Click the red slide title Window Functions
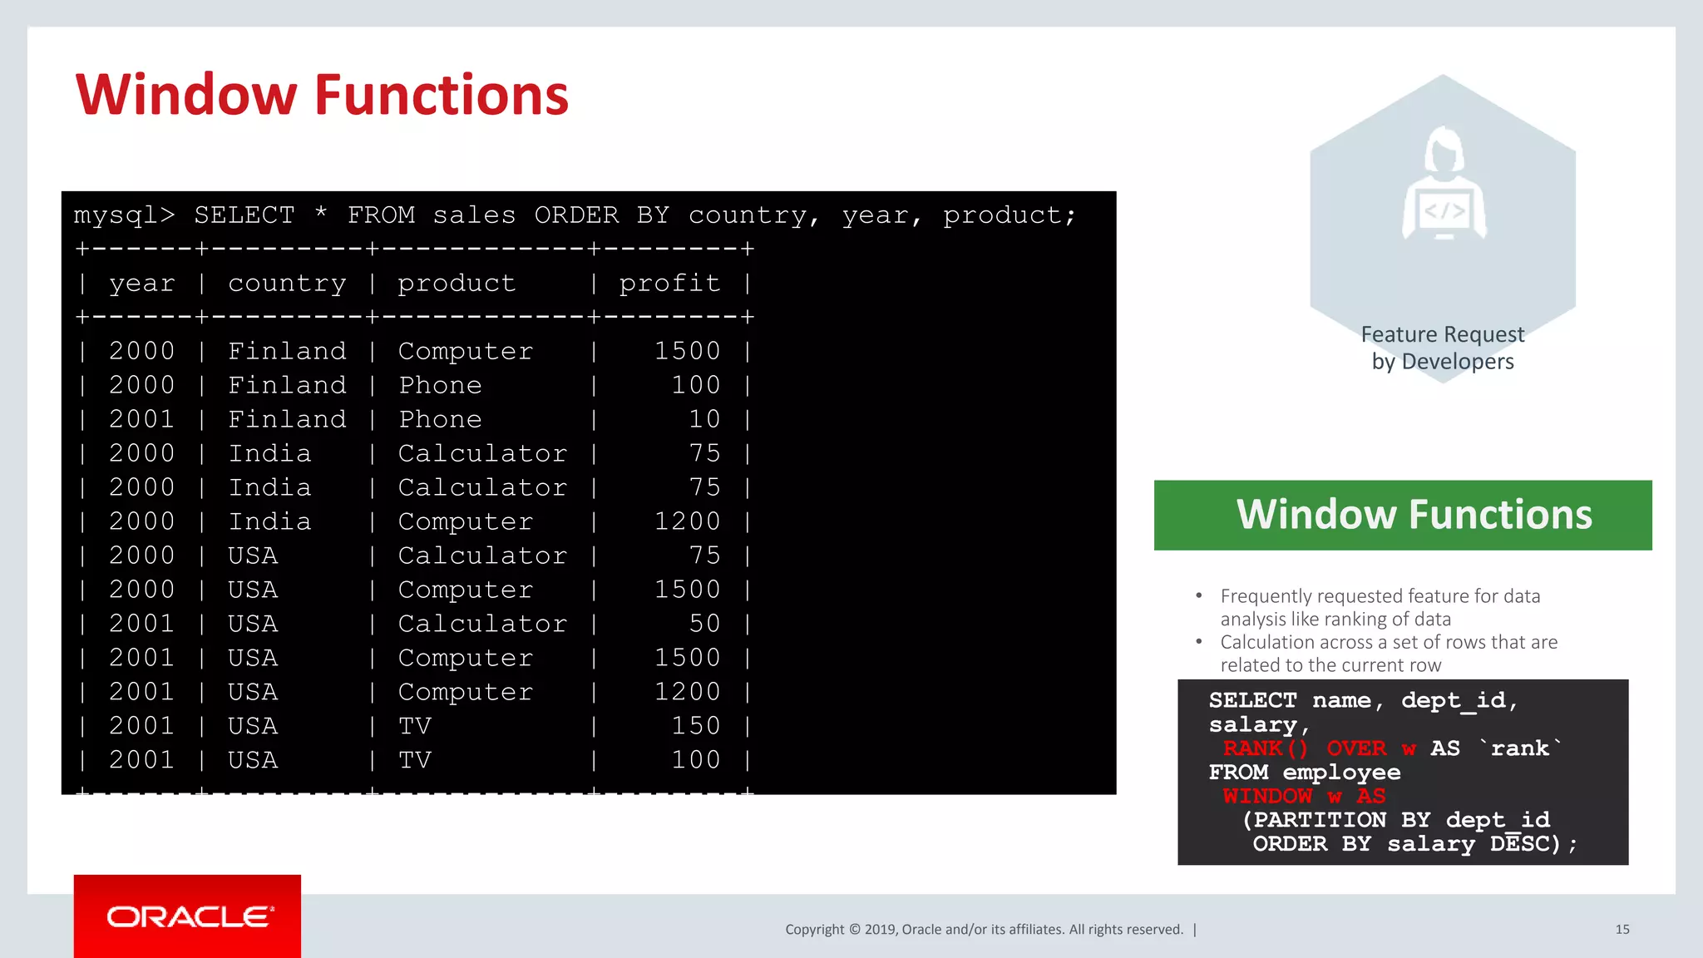(322, 95)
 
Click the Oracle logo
(188, 916)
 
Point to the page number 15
(1622, 929)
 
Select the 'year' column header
(142, 284)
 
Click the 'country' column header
(287, 284)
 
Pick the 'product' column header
(457, 284)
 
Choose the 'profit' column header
(669, 284)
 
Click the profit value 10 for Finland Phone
(704, 419)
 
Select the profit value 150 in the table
(695, 726)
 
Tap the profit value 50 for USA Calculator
(704, 624)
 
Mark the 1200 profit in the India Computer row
(687, 521)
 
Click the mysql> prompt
(124, 215)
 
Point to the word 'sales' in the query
(474, 215)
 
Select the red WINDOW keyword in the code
(1267, 796)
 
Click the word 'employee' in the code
(1341, 773)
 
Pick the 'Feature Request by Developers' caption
(1443, 348)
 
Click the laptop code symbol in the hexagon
(1444, 211)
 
